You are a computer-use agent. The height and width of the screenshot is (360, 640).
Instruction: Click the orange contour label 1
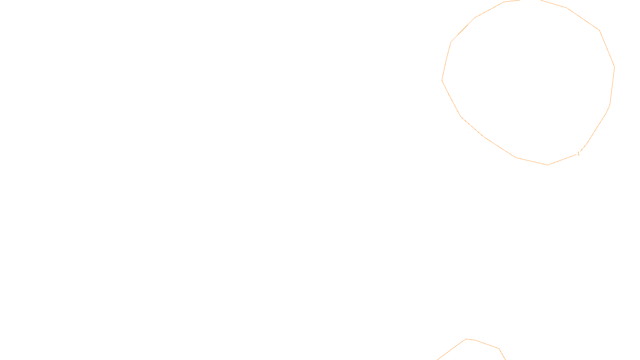pos(578,154)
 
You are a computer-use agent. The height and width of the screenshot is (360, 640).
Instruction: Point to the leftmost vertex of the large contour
pos(442,80)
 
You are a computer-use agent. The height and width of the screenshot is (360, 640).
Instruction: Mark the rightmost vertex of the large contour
pos(614,67)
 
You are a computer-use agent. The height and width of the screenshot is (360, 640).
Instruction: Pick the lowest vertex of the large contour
pos(548,165)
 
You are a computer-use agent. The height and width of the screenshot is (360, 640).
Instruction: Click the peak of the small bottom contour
pos(467,339)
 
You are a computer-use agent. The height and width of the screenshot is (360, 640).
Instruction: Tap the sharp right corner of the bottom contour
pos(499,349)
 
